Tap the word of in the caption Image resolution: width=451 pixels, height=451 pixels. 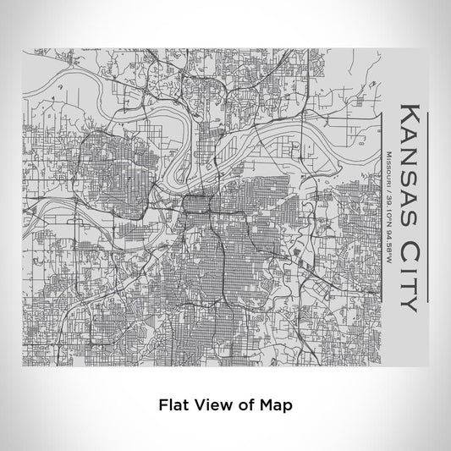(245, 405)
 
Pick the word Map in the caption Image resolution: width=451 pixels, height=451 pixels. (276, 405)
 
